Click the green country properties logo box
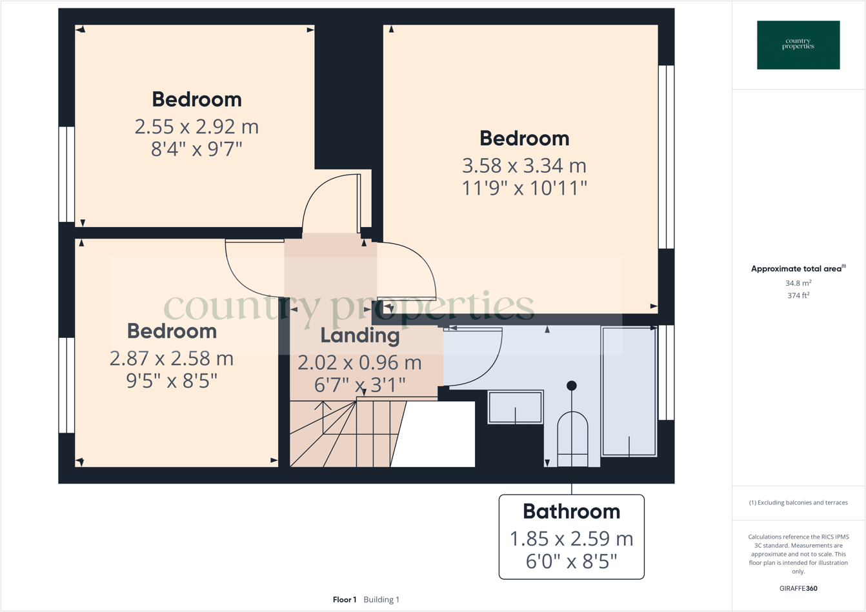pos(798,45)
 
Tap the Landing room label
pos(360,335)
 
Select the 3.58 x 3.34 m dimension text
pos(524,166)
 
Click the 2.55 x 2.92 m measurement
pos(197,126)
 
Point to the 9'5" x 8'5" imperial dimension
pos(172,381)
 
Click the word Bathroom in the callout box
pos(571,511)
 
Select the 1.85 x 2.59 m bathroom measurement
pos(571,538)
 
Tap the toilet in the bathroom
pos(572,439)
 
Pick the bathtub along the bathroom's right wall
pos(629,391)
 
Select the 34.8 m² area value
pos(798,283)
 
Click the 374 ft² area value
pos(798,295)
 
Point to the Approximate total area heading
pos(798,269)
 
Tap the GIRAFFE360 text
pos(798,588)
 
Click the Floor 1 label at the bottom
pos(345,600)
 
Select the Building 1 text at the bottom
pos(381,600)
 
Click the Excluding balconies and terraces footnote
pos(798,502)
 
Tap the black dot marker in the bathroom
pos(571,386)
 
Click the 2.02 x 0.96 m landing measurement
pos(359,362)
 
